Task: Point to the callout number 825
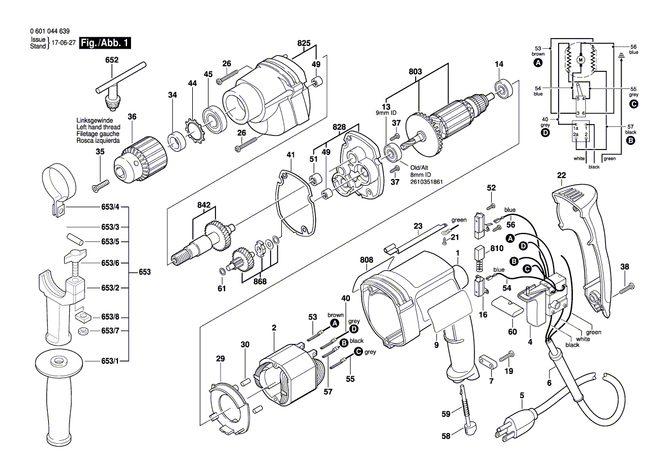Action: coord(304,43)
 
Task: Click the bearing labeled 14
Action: coord(503,88)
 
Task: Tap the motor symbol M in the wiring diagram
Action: coord(580,59)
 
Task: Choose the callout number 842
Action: coord(204,206)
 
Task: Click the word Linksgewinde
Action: coord(95,121)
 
